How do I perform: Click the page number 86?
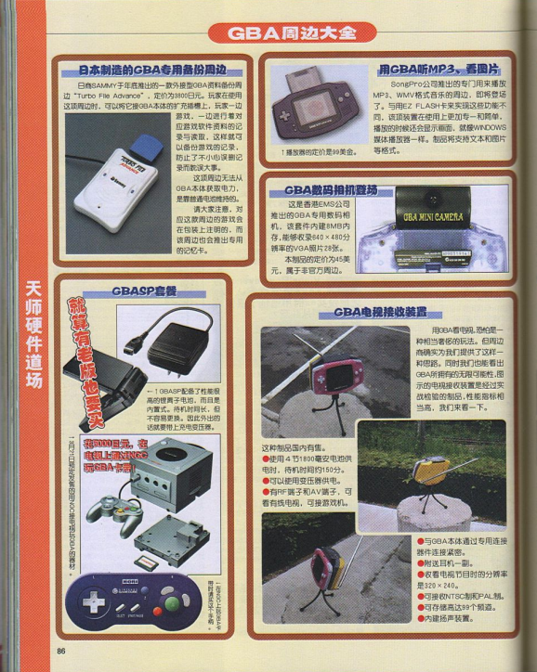(61, 650)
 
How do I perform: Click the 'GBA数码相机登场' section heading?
(332, 190)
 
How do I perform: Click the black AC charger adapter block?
(176, 347)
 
